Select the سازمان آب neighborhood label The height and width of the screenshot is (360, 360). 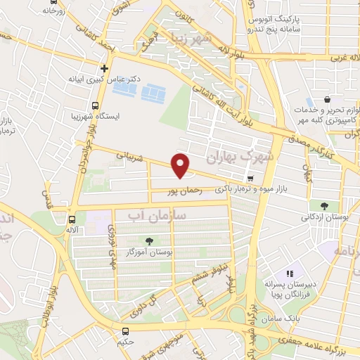(162, 217)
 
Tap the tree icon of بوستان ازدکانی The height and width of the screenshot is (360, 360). (324, 206)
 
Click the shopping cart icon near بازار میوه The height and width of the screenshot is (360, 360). (309, 179)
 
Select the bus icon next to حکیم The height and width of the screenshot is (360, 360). (124, 331)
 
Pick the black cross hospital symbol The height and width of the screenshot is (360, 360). (104, 69)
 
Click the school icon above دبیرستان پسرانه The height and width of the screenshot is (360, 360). (289, 274)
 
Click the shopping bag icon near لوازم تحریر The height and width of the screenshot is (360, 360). (327, 110)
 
